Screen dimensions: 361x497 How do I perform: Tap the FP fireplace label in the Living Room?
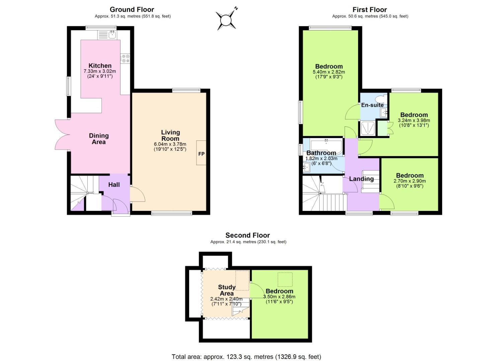click(x=201, y=154)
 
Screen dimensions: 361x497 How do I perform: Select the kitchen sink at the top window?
click(x=112, y=34)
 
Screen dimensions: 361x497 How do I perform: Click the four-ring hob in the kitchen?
click(x=126, y=58)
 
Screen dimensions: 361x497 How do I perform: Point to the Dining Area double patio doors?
click(x=62, y=134)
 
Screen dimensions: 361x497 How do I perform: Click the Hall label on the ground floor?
click(x=114, y=185)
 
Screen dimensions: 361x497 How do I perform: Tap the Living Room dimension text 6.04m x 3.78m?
click(x=170, y=144)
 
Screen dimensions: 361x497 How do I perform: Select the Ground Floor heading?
click(x=132, y=9)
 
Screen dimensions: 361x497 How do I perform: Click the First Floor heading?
click(x=369, y=10)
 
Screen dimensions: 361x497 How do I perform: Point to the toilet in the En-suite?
click(x=381, y=99)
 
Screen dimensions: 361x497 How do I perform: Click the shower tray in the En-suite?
click(x=367, y=128)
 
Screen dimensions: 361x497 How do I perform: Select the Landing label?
click(x=361, y=179)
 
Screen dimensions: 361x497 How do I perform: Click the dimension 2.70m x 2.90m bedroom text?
click(x=410, y=181)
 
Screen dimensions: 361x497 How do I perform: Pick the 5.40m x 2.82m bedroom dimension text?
click(x=329, y=72)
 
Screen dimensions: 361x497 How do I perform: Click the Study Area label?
click(x=227, y=290)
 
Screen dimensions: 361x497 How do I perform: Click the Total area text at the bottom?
click(x=246, y=357)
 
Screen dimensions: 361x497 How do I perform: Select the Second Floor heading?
click(x=247, y=235)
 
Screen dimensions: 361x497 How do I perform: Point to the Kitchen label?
click(x=100, y=66)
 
